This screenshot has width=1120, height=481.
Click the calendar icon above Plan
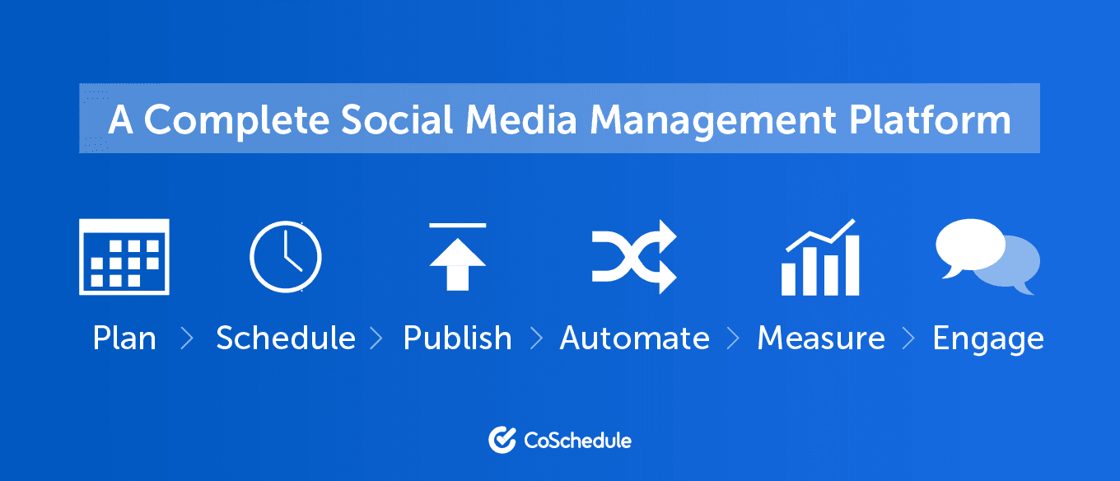124,256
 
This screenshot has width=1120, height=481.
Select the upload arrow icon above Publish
458,256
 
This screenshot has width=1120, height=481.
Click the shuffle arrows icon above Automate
634,256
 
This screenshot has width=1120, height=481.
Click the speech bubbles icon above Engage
987,256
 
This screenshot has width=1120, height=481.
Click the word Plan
124,339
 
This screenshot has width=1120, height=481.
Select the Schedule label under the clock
286,338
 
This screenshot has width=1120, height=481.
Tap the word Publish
458,338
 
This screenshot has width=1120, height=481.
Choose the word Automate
634,338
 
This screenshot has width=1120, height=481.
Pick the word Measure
821,338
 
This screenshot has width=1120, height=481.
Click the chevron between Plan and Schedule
187,339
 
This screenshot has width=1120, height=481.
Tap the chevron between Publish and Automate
536,339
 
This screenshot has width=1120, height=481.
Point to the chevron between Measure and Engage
908,339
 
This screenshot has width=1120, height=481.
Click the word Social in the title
397,119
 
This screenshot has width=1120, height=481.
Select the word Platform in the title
930,119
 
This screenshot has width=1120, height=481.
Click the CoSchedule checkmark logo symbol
502,440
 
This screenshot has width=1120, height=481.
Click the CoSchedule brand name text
577,441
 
